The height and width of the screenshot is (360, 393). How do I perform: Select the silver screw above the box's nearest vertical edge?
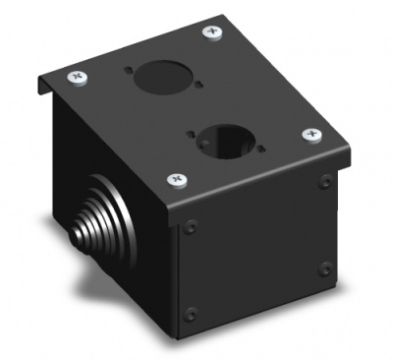178,179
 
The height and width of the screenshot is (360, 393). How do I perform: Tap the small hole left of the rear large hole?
132,70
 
